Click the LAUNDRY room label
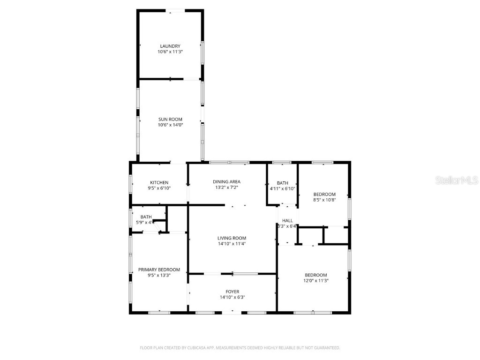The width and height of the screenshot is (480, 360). (170, 46)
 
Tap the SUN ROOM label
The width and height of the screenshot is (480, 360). (170, 119)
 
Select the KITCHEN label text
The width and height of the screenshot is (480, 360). (159, 182)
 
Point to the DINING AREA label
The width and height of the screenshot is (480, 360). (226, 182)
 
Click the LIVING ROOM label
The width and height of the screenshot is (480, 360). (232, 238)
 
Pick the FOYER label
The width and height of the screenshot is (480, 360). (232, 292)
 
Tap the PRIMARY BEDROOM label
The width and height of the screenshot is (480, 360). (159, 270)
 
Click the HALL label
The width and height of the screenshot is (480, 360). (287, 220)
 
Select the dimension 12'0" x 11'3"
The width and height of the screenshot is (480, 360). (316, 281)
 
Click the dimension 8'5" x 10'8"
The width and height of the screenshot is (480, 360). (324, 200)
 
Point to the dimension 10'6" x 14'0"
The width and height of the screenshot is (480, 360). (170, 125)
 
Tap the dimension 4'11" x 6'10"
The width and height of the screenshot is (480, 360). (282, 189)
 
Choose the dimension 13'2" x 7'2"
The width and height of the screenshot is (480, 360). (226, 187)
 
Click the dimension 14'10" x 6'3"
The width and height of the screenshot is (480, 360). (232, 297)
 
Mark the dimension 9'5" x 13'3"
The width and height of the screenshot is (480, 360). (159, 276)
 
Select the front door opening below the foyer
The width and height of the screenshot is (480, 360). (232, 312)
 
